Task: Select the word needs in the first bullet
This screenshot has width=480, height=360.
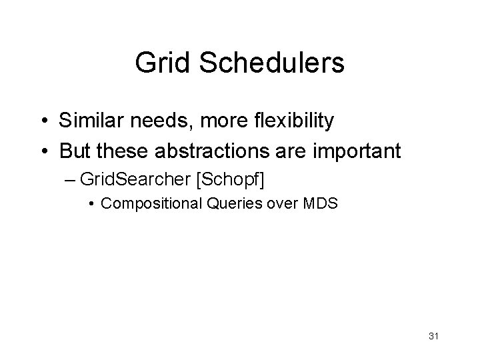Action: [x=153, y=121]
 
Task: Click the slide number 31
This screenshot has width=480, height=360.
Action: [x=432, y=334]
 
